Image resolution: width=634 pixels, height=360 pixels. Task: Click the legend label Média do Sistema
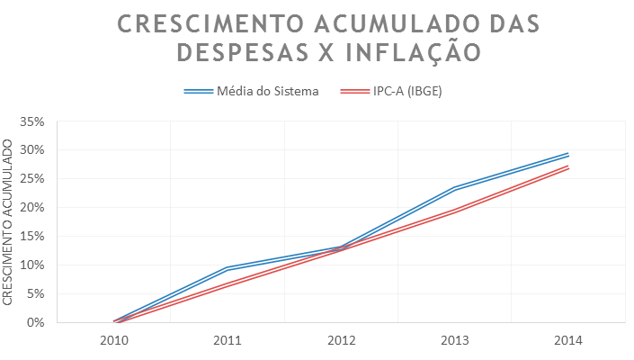267,91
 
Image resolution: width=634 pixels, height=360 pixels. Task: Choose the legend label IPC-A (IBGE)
407,91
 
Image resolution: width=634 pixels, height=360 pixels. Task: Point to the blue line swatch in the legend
198,91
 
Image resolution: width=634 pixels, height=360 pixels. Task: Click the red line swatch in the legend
354,91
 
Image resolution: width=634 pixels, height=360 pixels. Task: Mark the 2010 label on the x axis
113,340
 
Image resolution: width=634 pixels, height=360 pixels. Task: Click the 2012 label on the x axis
341,340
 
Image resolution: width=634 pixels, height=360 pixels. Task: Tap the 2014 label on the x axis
568,340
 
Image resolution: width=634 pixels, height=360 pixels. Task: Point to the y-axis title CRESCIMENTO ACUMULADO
8,221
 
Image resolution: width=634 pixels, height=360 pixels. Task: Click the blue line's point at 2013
455,188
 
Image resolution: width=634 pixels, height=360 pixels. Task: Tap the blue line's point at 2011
228,268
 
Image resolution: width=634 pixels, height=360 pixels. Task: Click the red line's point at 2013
455,211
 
